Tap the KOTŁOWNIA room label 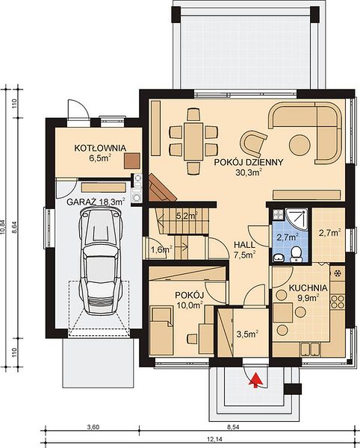[x=100, y=148]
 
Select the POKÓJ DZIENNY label [x=249, y=162]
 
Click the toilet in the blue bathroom [x=297, y=255]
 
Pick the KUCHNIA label [x=308, y=287]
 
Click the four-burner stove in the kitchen [x=338, y=302]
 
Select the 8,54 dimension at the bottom [x=233, y=427]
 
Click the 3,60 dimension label [x=93, y=427]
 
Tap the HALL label [x=244, y=245]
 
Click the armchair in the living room [x=253, y=143]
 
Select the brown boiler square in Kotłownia [x=132, y=161]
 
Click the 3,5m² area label [x=248, y=333]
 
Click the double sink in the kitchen [x=310, y=349]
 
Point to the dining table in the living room [x=193, y=141]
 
